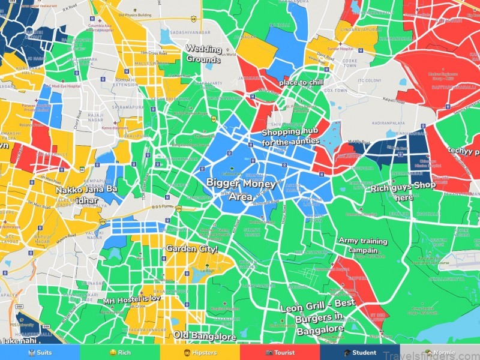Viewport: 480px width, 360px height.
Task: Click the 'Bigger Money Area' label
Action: [241, 188]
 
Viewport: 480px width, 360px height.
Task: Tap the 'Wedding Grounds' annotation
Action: [203, 53]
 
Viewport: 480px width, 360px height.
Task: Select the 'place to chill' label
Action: [301, 82]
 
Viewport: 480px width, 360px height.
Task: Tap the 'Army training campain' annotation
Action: [364, 245]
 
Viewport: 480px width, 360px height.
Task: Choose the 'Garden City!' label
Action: [192, 248]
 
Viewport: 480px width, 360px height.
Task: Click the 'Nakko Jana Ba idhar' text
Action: [87, 194]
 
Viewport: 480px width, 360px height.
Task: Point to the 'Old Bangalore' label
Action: [205, 336]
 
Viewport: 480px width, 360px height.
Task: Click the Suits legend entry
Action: [40, 353]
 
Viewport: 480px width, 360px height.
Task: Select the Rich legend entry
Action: [120, 353]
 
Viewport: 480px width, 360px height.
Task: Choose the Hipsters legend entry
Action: [200, 353]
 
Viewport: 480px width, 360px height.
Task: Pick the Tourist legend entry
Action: [280, 353]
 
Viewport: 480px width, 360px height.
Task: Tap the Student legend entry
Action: [360, 353]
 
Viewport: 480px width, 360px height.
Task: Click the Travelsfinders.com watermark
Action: [438, 353]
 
